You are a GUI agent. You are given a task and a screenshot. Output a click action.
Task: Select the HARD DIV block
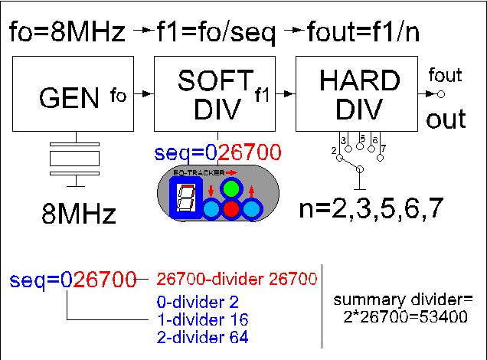pyautogui.click(x=358, y=94)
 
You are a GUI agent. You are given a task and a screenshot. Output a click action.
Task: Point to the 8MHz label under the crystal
pyautogui.click(x=78, y=213)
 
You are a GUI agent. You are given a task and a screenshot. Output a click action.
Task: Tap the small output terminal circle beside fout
pyautogui.click(x=440, y=93)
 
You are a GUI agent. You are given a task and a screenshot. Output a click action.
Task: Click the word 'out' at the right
pyautogui.click(x=446, y=119)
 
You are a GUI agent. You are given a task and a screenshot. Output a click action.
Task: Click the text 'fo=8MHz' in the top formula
pyautogui.click(x=67, y=33)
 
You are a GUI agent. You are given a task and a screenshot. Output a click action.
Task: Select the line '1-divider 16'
pyautogui.click(x=198, y=318)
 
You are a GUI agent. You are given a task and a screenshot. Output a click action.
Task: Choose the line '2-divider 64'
pyautogui.click(x=198, y=335)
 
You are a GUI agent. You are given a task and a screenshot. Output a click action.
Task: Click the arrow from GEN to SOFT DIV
pyautogui.click(x=142, y=94)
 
